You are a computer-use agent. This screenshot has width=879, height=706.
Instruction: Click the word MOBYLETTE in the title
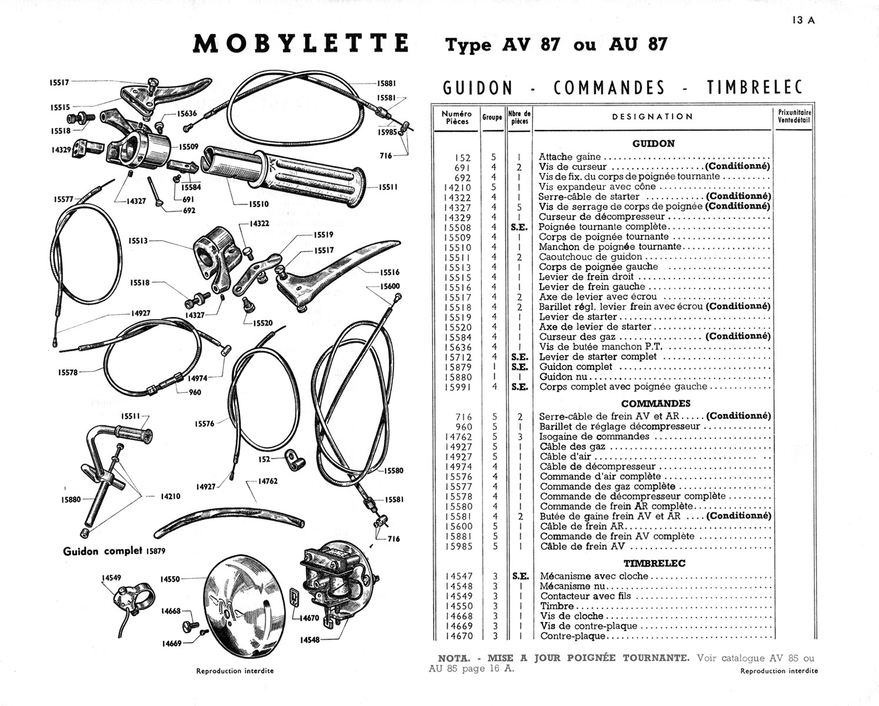point(301,44)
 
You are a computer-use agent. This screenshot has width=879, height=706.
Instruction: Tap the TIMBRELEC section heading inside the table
point(654,563)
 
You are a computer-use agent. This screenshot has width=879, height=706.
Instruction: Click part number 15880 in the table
point(458,377)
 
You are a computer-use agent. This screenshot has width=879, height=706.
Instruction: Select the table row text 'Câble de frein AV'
point(582,547)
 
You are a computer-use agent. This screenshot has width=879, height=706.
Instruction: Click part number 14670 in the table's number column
point(459,636)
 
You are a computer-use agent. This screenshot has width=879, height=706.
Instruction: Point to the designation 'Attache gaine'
point(570,157)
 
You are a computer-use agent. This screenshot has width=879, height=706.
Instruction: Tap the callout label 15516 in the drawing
point(389,272)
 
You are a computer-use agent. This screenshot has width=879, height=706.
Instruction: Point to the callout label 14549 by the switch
point(111,578)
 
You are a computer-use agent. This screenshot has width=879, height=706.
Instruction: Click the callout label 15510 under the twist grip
point(258,204)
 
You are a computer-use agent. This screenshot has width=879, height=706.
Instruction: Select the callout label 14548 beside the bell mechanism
point(309,640)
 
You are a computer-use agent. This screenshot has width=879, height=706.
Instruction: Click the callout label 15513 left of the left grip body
point(138,240)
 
